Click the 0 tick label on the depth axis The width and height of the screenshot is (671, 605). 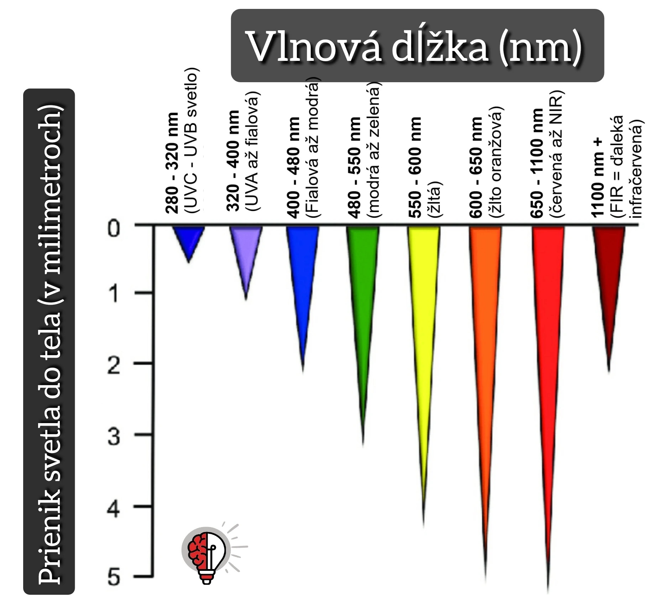[x=114, y=228]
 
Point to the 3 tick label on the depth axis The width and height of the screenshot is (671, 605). [x=114, y=437]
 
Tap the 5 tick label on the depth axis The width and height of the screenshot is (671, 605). [x=114, y=577]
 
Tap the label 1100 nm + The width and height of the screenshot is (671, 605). [x=597, y=177]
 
